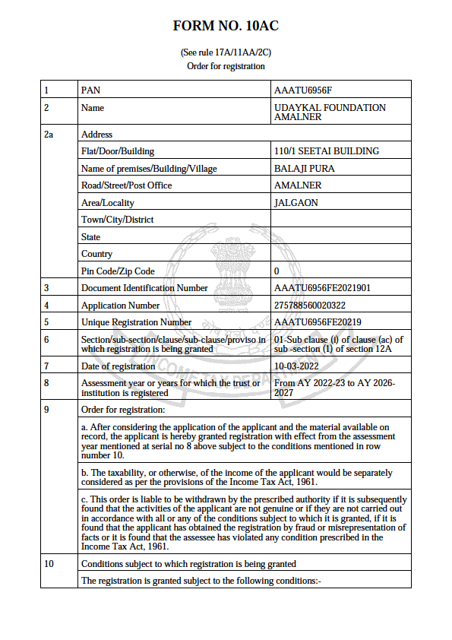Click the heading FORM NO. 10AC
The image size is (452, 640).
pos(226,27)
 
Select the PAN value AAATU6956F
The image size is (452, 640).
pos(303,90)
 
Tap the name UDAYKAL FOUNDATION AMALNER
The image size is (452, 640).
pos(330,112)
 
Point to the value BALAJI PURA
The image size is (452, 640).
pos(304,169)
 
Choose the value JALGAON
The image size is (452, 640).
pos(296,203)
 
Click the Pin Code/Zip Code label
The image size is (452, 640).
pos(118,271)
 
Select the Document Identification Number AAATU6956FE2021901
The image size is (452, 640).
pos(322,288)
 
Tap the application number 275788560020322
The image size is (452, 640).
pos(315,306)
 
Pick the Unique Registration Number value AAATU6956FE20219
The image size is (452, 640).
pos(318,322)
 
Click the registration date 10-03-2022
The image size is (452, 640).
pos(297,366)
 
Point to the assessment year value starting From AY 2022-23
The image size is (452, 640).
pos(334,388)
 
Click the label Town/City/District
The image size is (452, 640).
pos(117,220)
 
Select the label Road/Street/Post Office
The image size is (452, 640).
pos(126,185)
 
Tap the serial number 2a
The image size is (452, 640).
pos(49,135)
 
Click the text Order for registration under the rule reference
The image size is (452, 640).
pos(226,66)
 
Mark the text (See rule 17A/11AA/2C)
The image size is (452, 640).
pos(226,52)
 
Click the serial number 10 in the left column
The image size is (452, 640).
pos(49,564)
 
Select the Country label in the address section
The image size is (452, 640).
pos(96,254)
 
